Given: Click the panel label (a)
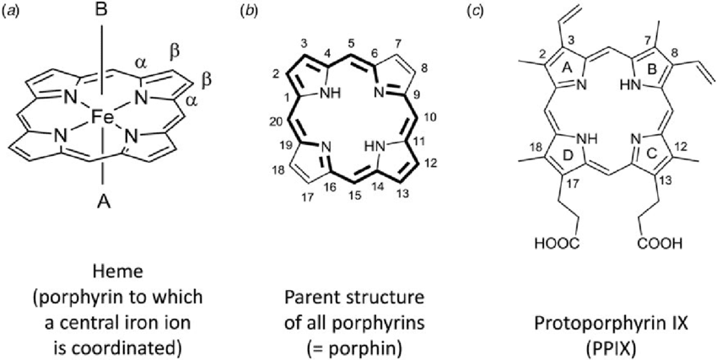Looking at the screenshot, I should tap(13, 11).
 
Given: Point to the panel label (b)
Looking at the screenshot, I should tap(249, 11).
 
